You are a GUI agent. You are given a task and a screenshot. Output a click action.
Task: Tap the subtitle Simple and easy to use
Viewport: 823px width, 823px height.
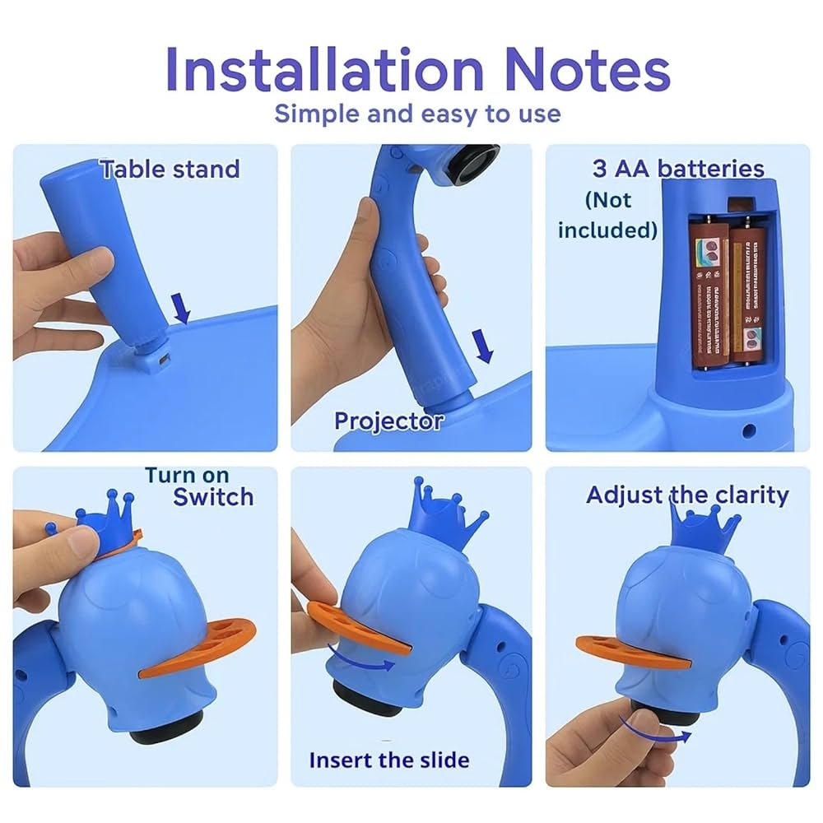click(417, 113)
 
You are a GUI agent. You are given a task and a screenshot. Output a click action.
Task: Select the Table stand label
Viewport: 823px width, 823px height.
click(170, 170)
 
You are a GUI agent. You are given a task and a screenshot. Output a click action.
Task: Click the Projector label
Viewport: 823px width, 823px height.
click(388, 421)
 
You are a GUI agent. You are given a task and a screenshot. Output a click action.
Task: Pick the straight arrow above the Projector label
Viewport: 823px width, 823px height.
click(485, 345)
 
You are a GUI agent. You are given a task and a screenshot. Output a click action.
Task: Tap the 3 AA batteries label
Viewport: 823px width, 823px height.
click(678, 169)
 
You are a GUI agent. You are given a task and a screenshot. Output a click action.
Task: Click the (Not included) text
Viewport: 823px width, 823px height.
click(608, 215)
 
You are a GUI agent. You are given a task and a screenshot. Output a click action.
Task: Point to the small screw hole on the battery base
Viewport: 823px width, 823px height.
click(749, 430)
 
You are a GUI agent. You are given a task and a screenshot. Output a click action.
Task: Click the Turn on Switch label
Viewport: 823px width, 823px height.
click(200, 486)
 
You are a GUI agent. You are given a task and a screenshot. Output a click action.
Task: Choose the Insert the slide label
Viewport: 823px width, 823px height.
click(389, 759)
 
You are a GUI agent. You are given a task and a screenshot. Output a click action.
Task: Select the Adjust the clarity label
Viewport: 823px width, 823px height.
click(687, 495)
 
